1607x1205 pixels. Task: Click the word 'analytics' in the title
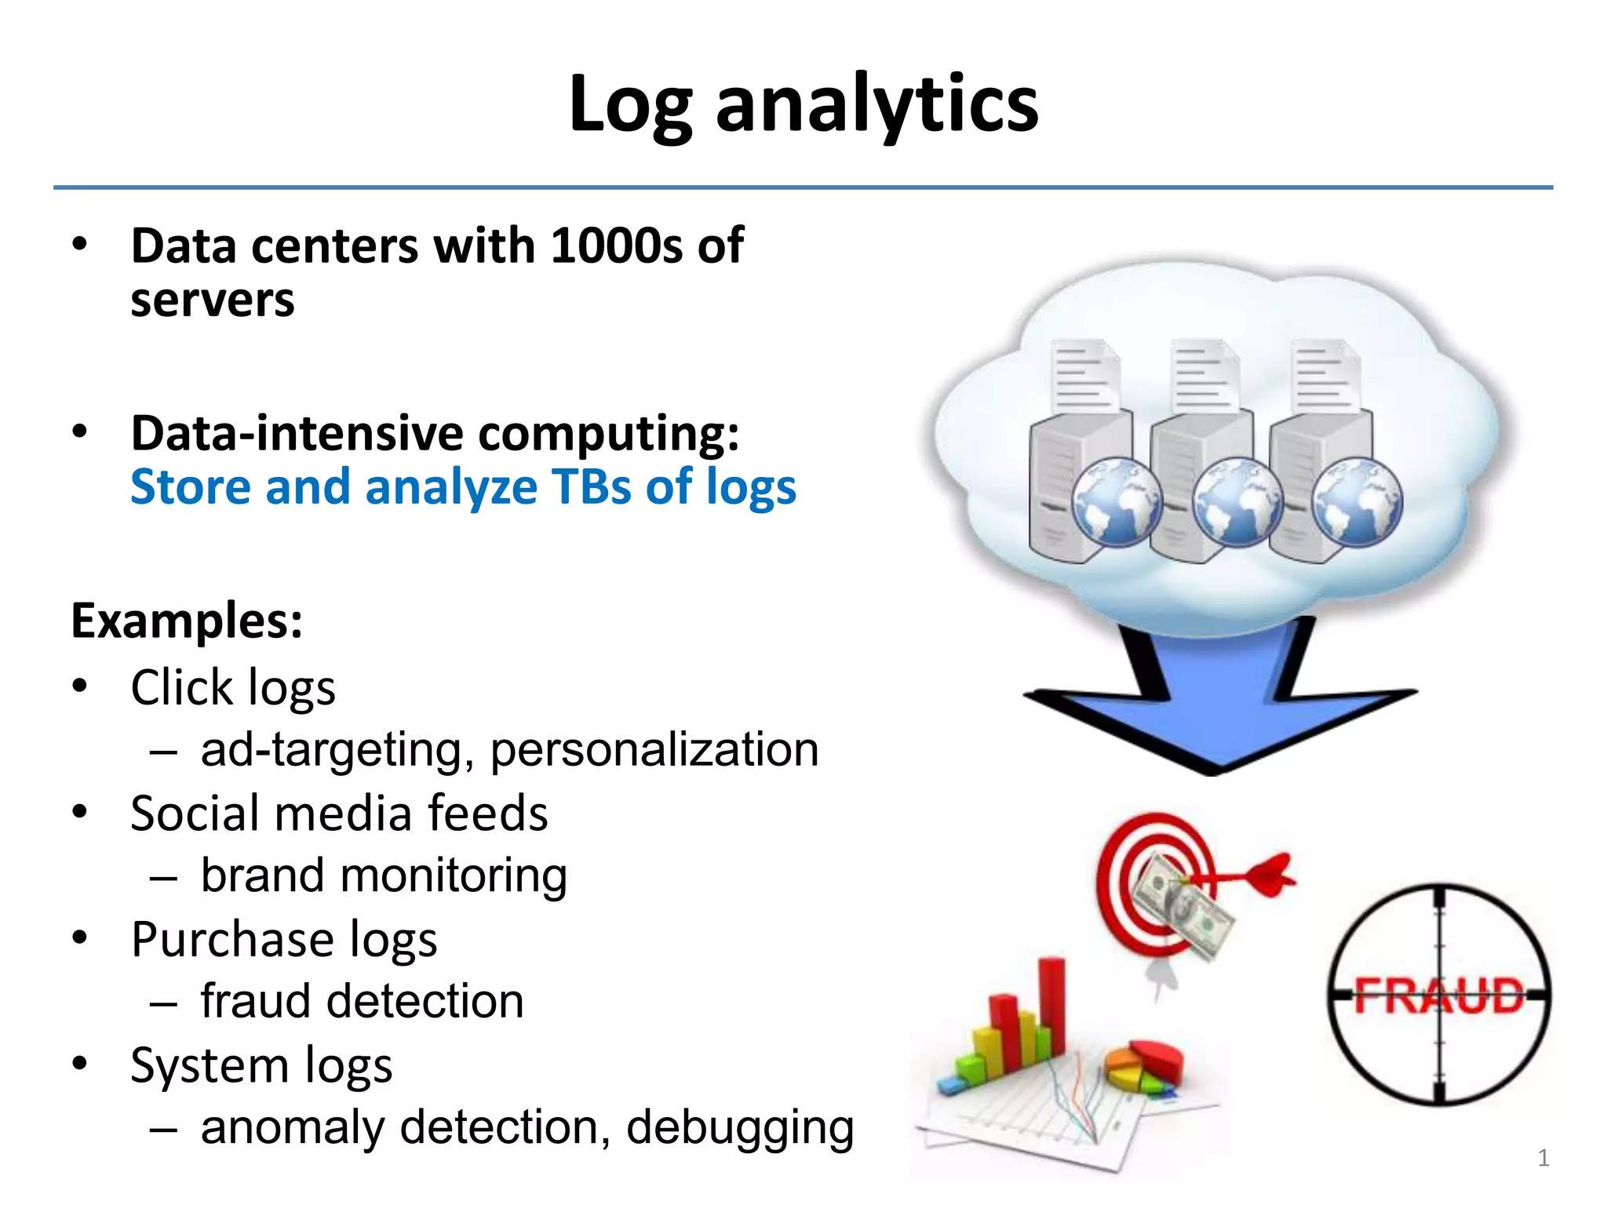(x=876, y=104)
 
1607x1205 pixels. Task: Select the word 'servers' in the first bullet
(x=213, y=300)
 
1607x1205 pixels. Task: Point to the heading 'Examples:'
(x=187, y=621)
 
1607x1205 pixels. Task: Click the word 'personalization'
(x=654, y=749)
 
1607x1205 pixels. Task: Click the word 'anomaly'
(x=293, y=1127)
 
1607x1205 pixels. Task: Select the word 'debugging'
(x=739, y=1128)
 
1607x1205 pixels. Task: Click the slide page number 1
(x=1543, y=1158)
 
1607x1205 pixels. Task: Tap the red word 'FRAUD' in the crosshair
(x=1438, y=997)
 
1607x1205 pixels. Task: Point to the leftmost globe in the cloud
(x=1116, y=502)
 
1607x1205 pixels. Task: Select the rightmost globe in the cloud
(x=1357, y=502)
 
